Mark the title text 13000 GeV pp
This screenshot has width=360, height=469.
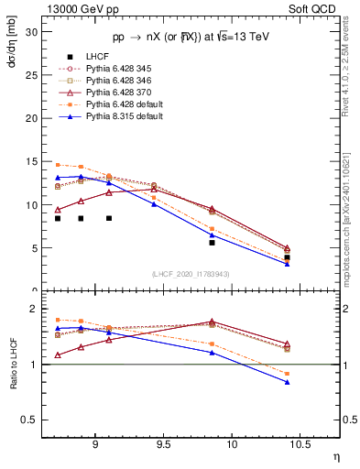pyautogui.click(x=83, y=8)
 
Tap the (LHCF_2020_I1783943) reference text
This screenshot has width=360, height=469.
pyautogui.click(x=191, y=274)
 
